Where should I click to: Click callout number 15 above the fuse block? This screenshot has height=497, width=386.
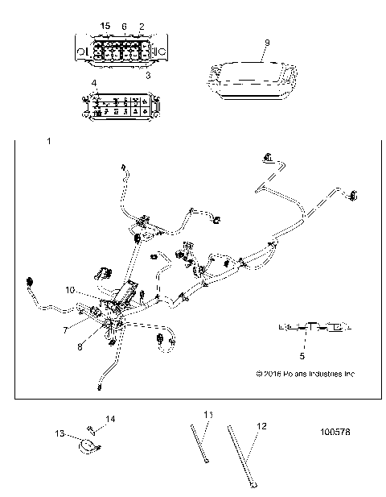click(x=105, y=27)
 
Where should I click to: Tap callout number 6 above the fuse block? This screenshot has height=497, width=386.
click(x=124, y=27)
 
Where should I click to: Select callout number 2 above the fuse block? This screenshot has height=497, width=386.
click(x=142, y=27)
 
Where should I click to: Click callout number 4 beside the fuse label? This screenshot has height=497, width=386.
click(x=94, y=83)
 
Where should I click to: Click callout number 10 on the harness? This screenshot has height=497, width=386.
click(x=70, y=289)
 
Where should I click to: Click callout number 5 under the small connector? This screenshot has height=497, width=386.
click(x=303, y=353)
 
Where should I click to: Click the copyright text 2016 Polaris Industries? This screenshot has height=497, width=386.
click(x=305, y=374)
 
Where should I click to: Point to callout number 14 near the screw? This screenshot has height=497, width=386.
click(x=112, y=419)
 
